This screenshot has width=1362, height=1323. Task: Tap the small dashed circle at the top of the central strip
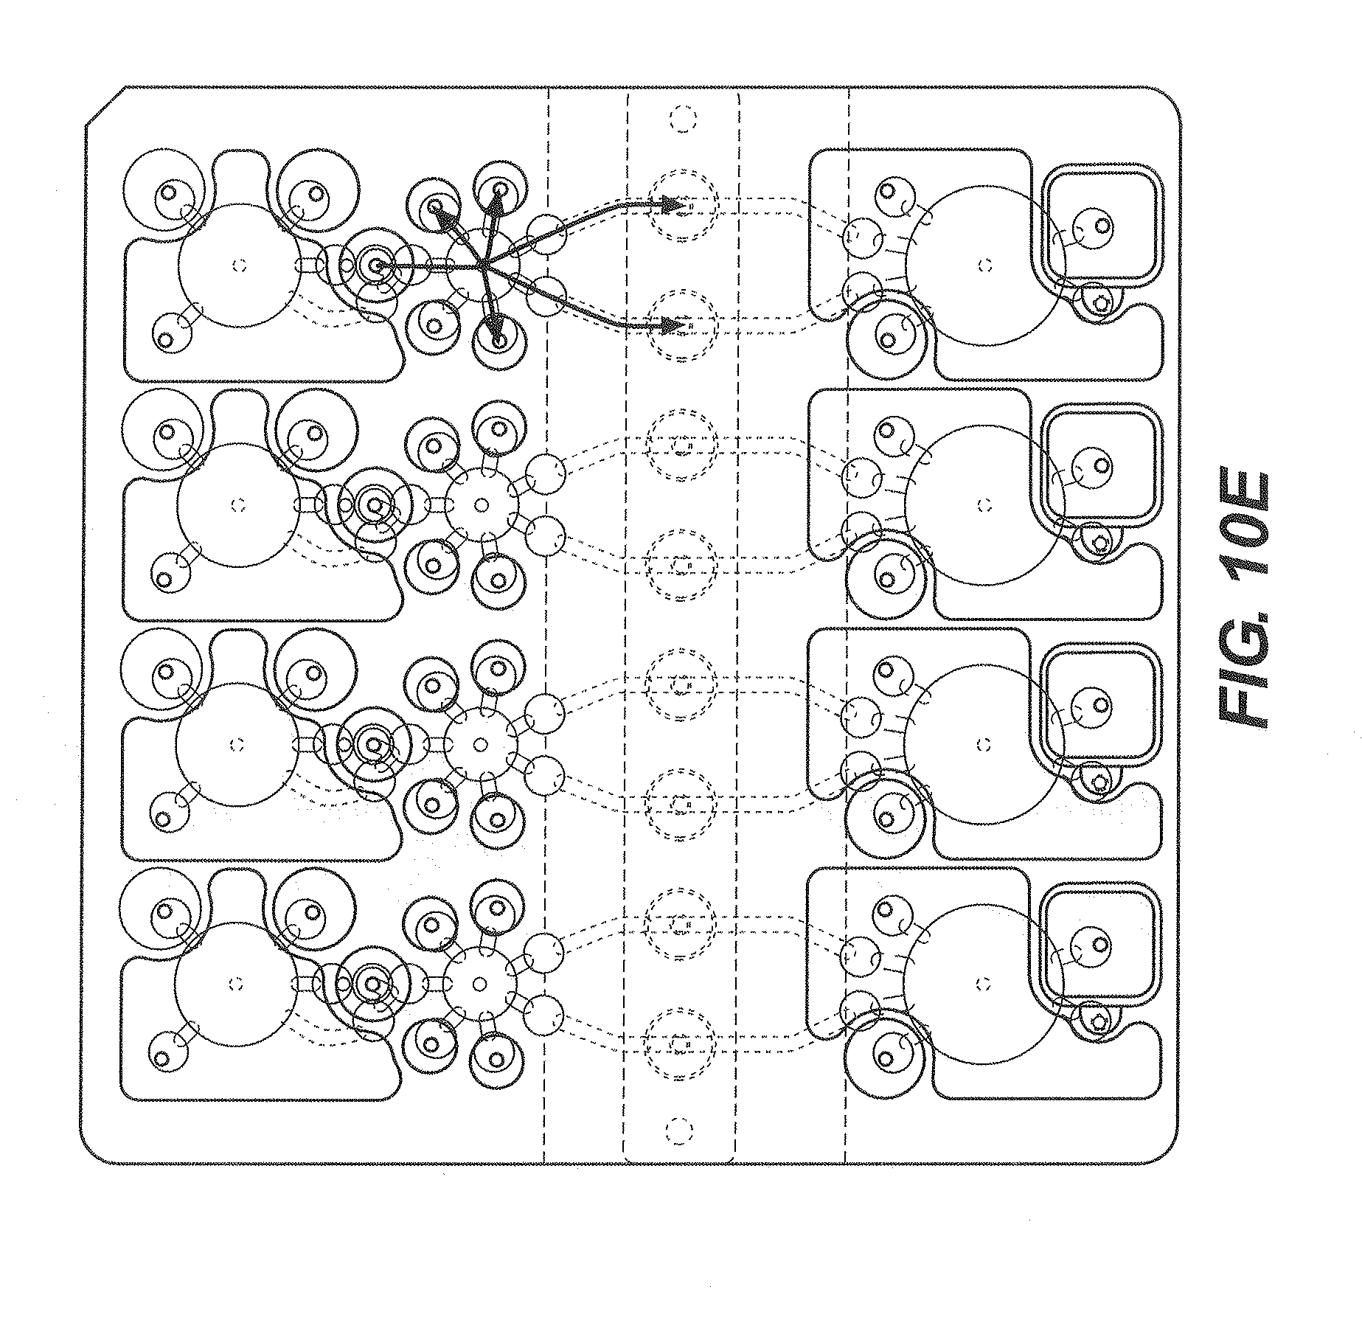681,117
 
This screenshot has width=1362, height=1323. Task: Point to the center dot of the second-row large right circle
983,505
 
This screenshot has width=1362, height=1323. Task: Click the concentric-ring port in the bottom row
372,983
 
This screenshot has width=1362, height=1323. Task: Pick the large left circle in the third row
237,744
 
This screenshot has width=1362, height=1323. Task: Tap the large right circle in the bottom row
983,983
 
